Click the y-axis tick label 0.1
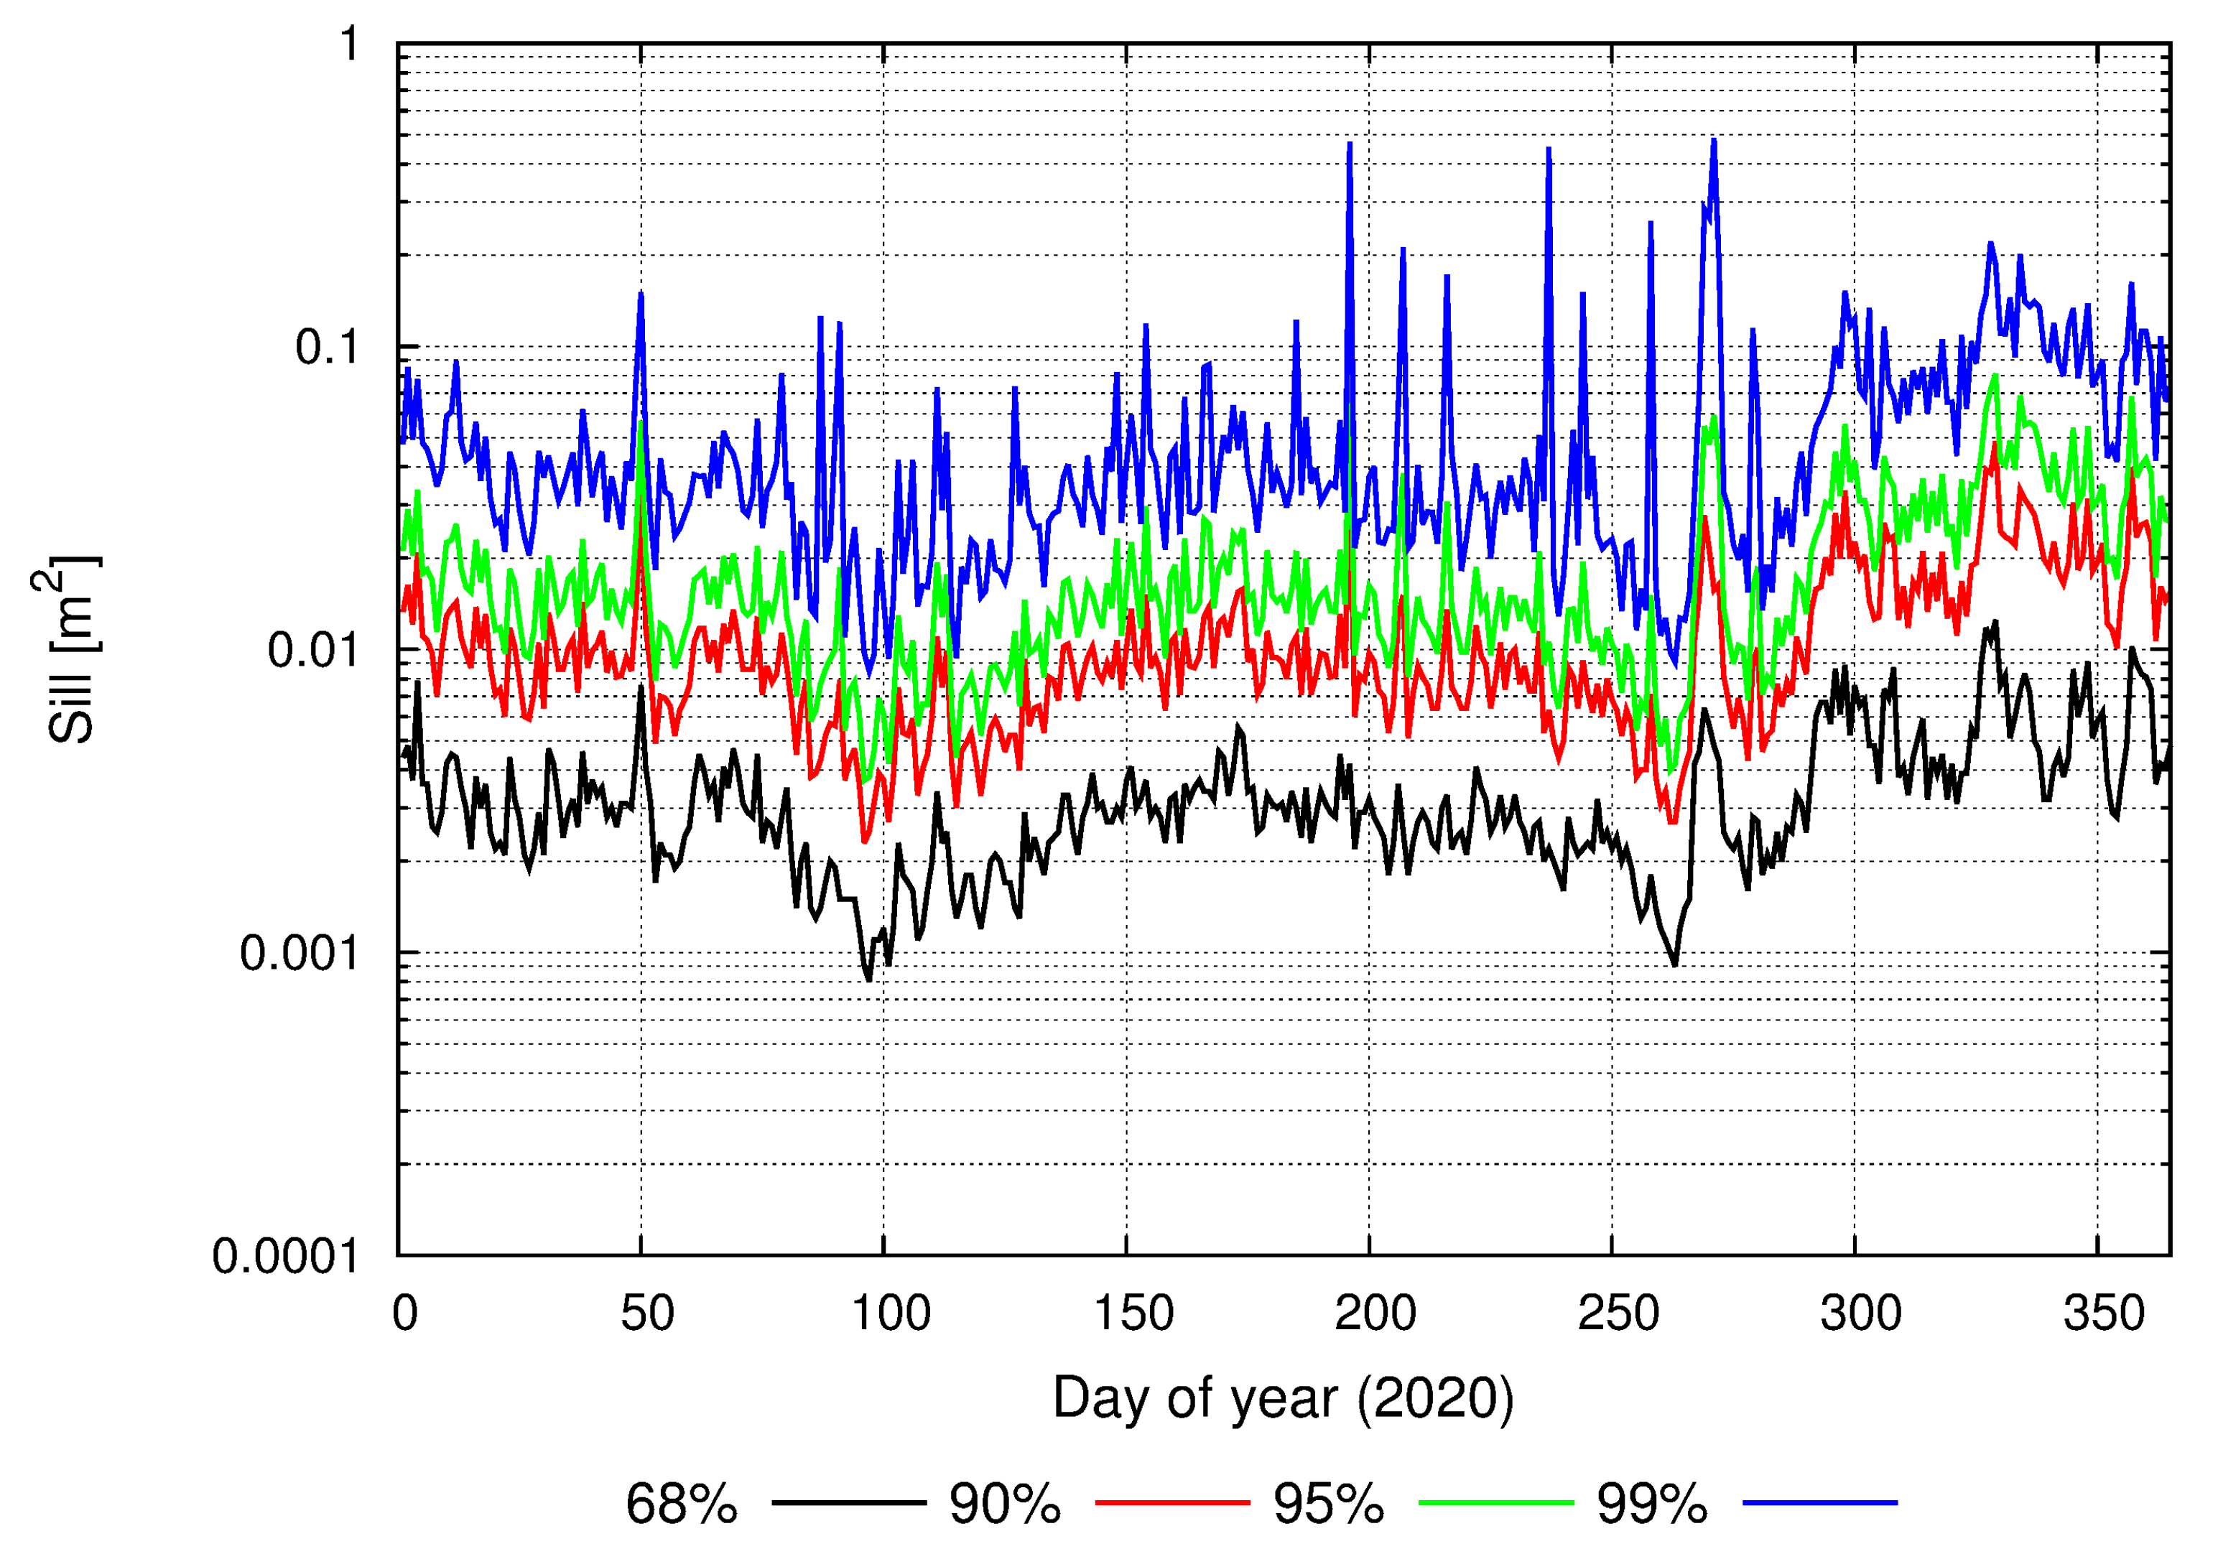point(327,348)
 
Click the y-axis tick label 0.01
point(313,651)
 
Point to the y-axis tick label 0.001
point(299,954)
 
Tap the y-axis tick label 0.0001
point(285,1257)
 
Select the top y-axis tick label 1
point(349,45)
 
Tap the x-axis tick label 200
point(1375,1313)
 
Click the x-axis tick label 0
point(405,1313)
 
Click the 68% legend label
point(681,1504)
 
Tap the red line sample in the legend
point(1171,1503)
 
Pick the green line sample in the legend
point(1495,1503)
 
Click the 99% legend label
point(1652,1504)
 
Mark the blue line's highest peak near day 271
point(1714,140)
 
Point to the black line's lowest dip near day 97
point(869,980)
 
